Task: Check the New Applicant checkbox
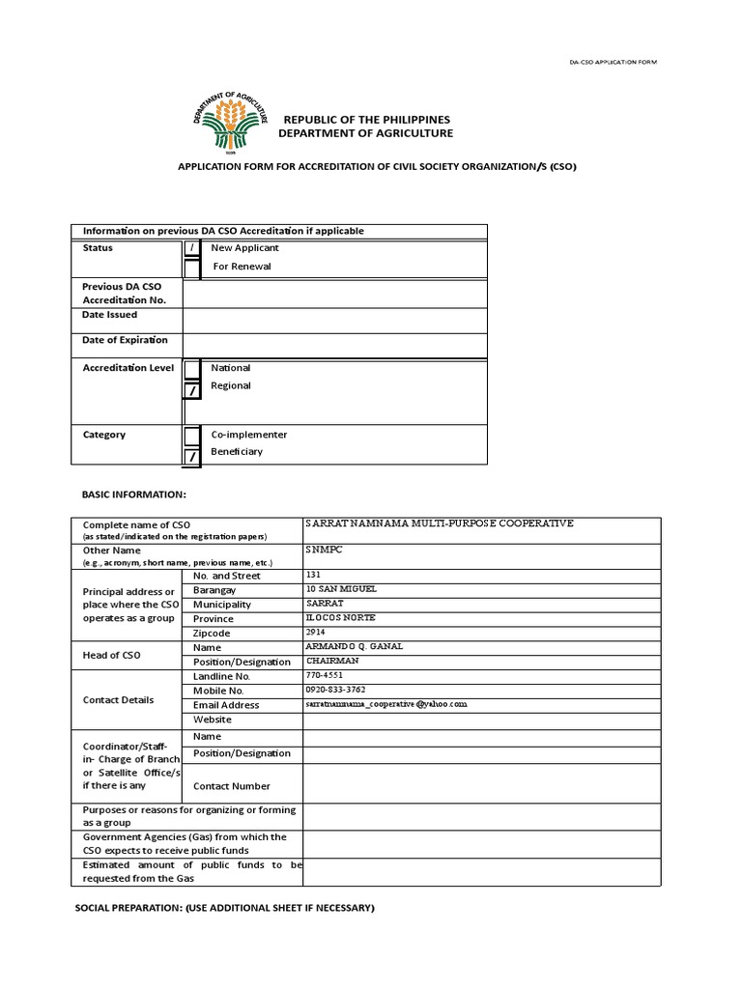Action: click(192, 249)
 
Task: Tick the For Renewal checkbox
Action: click(192, 268)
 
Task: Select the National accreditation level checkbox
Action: click(192, 369)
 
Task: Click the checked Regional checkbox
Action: click(192, 389)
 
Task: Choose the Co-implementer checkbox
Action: click(192, 436)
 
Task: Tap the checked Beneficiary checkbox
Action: click(192, 455)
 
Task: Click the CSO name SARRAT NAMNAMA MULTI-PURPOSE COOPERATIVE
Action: click(439, 523)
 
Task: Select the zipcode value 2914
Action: click(314, 632)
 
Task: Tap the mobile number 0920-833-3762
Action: click(336, 690)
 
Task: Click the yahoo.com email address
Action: click(385, 705)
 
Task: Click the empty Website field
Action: click(481, 720)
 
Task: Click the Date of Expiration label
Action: click(125, 340)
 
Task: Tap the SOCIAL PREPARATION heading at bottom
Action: click(225, 908)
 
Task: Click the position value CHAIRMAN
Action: click(332, 661)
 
